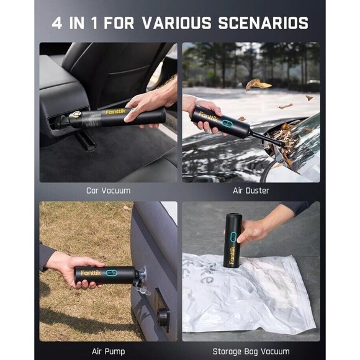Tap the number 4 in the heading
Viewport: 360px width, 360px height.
pos(58,24)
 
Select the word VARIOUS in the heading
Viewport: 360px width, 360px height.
pos(178,24)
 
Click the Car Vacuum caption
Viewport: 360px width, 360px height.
pos(108,191)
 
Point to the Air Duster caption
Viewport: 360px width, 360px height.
pos(251,191)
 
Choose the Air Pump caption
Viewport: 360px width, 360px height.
pos(108,351)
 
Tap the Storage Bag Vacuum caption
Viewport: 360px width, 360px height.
pos(251,351)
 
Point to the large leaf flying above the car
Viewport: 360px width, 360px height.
pos(258,84)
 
